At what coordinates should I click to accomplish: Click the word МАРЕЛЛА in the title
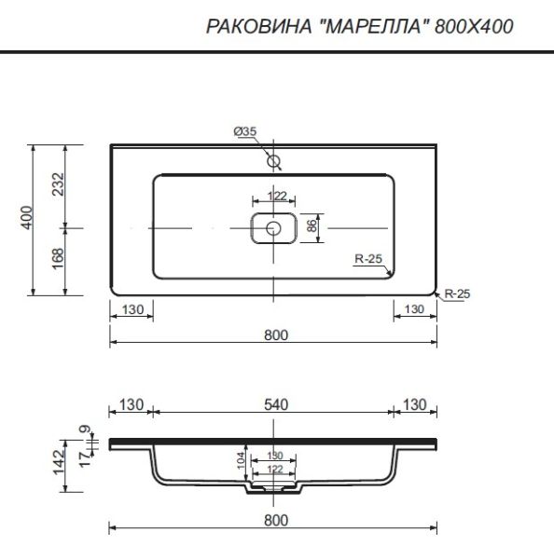(x=372, y=26)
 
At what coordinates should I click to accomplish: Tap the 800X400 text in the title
(x=474, y=26)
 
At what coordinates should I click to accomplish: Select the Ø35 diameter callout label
(x=245, y=131)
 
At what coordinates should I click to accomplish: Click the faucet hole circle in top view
(x=273, y=161)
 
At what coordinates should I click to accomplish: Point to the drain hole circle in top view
(x=273, y=228)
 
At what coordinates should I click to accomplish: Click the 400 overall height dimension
(x=26, y=217)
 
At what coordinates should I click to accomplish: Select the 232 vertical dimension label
(x=58, y=184)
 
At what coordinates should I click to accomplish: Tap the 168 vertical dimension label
(x=58, y=259)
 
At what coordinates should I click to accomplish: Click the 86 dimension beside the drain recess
(x=312, y=226)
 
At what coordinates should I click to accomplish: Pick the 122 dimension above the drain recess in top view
(x=277, y=196)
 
